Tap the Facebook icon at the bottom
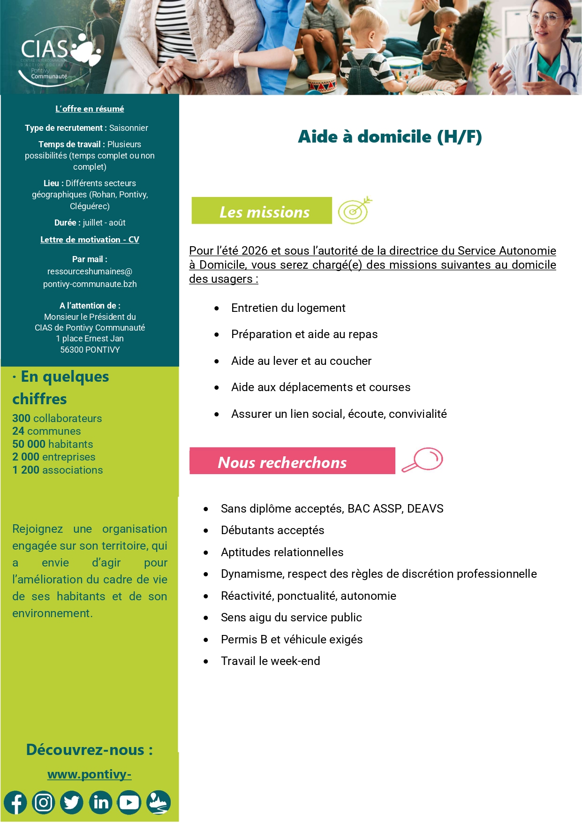(x=15, y=802)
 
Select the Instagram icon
(x=44, y=802)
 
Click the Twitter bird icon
(x=72, y=802)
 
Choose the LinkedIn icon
(x=101, y=802)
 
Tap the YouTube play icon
(x=129, y=802)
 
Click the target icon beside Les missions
(x=355, y=211)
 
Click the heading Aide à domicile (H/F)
(x=390, y=136)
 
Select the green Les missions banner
(x=262, y=211)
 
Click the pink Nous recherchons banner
(x=292, y=461)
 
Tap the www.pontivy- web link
(x=89, y=774)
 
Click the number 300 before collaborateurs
(x=21, y=418)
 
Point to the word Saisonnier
(x=128, y=128)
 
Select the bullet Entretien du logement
(x=288, y=308)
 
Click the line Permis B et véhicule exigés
(x=291, y=640)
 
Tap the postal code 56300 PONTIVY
(x=90, y=350)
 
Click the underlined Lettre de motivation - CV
(x=90, y=240)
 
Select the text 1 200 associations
(x=57, y=470)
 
